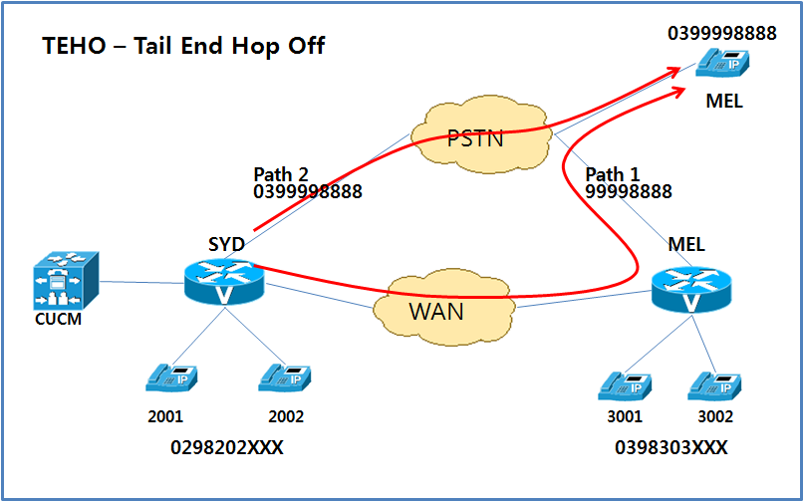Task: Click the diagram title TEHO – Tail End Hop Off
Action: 183,46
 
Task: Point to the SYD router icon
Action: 222,283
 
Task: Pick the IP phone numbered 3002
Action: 715,385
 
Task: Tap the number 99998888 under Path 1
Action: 628,191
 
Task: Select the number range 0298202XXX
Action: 227,448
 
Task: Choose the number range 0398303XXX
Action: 671,448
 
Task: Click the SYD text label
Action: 226,244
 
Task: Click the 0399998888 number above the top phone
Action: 722,34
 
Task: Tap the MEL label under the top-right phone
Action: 723,102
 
